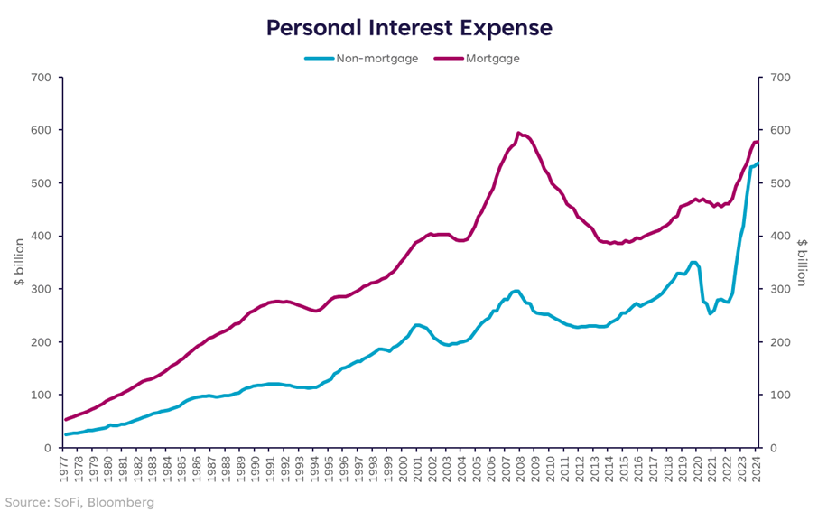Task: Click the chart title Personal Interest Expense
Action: pyautogui.click(x=408, y=28)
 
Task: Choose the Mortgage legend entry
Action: pyautogui.click(x=492, y=59)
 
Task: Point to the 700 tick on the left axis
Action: pyautogui.click(x=41, y=78)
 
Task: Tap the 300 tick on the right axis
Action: pyautogui.click(x=776, y=289)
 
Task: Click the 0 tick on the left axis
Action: pyautogui.click(x=47, y=448)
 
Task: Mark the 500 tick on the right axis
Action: pyautogui.click(x=776, y=183)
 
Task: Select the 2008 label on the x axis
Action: pyautogui.click(x=523, y=470)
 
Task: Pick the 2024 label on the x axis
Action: pyautogui.click(x=758, y=470)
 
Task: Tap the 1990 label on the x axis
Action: pyautogui.click(x=257, y=470)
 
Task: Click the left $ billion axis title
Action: pyautogui.click(x=18, y=262)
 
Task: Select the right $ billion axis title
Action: pyautogui.click(x=801, y=262)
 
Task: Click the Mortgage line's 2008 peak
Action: pyautogui.click(x=518, y=133)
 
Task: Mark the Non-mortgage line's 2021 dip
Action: pyautogui.click(x=711, y=313)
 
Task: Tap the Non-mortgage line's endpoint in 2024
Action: pyautogui.click(x=758, y=163)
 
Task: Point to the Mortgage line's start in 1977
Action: pyautogui.click(x=66, y=419)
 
